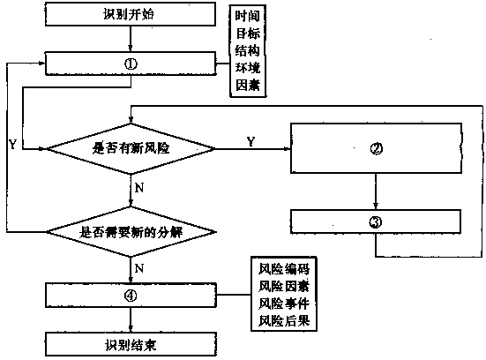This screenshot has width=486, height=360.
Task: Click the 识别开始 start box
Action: [x=131, y=14]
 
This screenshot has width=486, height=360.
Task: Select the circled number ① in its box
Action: [x=131, y=64]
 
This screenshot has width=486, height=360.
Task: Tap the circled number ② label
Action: [x=377, y=149]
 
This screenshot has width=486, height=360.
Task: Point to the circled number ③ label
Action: [x=376, y=222]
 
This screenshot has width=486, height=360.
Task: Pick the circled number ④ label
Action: [x=131, y=296]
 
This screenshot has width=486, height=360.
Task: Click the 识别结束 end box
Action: [x=131, y=344]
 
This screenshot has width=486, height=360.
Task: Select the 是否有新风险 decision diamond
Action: [x=131, y=149]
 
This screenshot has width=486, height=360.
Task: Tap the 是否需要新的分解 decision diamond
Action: [x=131, y=232]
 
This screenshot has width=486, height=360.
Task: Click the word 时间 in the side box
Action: [x=247, y=16]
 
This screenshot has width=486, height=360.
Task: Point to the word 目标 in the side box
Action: [x=247, y=34]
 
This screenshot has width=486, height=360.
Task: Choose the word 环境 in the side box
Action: [x=247, y=68]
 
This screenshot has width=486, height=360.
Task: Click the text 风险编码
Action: [x=284, y=269]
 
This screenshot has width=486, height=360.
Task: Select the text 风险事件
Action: [x=284, y=304]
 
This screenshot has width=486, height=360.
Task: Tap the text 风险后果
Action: [x=284, y=320]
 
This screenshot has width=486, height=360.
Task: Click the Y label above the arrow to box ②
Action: [x=251, y=142]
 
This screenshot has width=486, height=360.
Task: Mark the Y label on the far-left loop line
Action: [x=12, y=144]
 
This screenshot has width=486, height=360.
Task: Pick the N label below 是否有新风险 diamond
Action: [x=139, y=188]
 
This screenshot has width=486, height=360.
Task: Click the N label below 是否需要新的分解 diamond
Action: [x=139, y=268]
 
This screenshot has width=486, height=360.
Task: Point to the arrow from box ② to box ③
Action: [x=376, y=191]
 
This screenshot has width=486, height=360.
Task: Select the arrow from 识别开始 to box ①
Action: [x=131, y=39]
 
